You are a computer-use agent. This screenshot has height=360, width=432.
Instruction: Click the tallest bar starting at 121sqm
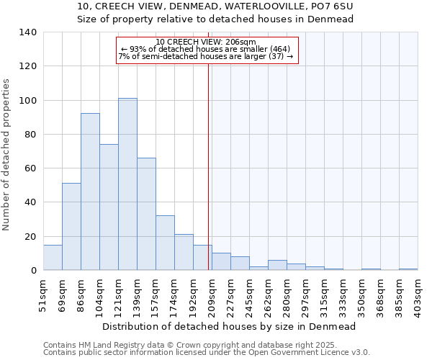click(x=127, y=184)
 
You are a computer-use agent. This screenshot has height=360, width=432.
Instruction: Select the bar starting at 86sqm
click(x=90, y=192)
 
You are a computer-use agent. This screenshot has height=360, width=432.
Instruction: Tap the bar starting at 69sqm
click(x=71, y=227)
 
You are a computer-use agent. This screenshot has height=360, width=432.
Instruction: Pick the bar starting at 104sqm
click(x=109, y=207)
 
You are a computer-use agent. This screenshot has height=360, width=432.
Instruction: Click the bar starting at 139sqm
click(x=146, y=214)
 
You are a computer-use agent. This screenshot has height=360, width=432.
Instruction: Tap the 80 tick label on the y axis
click(x=30, y=135)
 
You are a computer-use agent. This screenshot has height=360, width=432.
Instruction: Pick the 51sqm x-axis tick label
click(x=43, y=296)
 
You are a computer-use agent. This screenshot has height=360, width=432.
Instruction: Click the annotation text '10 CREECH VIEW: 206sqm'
click(x=206, y=42)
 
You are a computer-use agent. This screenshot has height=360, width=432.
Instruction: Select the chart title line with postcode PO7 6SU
click(x=215, y=6)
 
